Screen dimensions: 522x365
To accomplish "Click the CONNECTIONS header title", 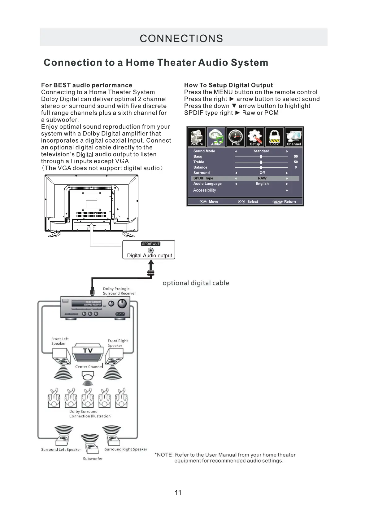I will point(181,38).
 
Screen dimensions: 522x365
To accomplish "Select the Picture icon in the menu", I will point(197,137).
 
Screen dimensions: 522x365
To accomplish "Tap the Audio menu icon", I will point(216,137).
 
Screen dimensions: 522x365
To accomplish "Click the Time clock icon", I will point(236,137).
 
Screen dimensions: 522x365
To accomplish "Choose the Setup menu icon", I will point(255,137).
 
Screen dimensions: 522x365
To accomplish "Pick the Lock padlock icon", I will point(274,137).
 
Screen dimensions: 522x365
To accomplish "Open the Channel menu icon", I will point(294,137).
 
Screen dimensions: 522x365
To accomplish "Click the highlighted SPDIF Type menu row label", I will point(203,178).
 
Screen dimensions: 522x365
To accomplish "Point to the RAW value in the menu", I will point(262,178).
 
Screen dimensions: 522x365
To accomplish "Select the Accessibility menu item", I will point(205,190).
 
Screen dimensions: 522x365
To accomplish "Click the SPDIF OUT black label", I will point(151,244).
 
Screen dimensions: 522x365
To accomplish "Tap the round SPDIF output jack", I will point(151,250).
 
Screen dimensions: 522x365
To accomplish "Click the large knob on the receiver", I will point(123,303).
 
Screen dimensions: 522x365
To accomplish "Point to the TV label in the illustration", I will point(88,351).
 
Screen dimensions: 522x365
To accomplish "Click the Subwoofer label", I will point(93,459).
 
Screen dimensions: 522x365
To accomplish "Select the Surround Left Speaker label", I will point(61,449).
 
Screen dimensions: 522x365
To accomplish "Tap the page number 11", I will point(178,493).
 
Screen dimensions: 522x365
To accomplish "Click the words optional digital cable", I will point(196,283).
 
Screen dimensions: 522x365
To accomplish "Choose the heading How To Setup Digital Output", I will point(228,85).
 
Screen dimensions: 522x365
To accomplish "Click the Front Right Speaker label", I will point(118,343).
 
